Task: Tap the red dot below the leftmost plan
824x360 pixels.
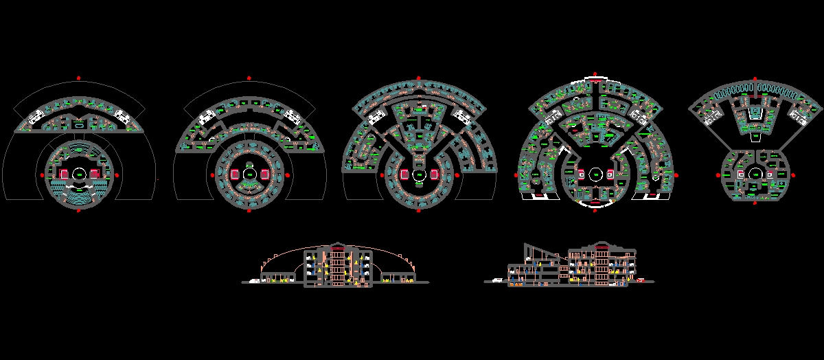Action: pyautogui.click(x=79, y=210)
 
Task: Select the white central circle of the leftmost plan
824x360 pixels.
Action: pyautogui.click(x=79, y=175)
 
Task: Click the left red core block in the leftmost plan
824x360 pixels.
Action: pyautogui.click(x=65, y=175)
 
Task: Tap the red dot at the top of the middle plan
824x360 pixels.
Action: pyautogui.click(x=417, y=78)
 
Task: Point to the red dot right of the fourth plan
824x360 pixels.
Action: pyautogui.click(x=676, y=175)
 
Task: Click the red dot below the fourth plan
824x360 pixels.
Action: pyautogui.click(x=594, y=211)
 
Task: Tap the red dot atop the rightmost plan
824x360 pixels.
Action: pyautogui.click(x=755, y=79)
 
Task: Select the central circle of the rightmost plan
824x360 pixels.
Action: pyautogui.click(x=755, y=175)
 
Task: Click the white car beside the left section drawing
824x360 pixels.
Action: pyautogui.click(x=255, y=280)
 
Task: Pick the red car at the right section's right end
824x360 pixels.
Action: pyautogui.click(x=640, y=280)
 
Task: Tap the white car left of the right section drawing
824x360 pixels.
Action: pyautogui.click(x=496, y=280)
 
